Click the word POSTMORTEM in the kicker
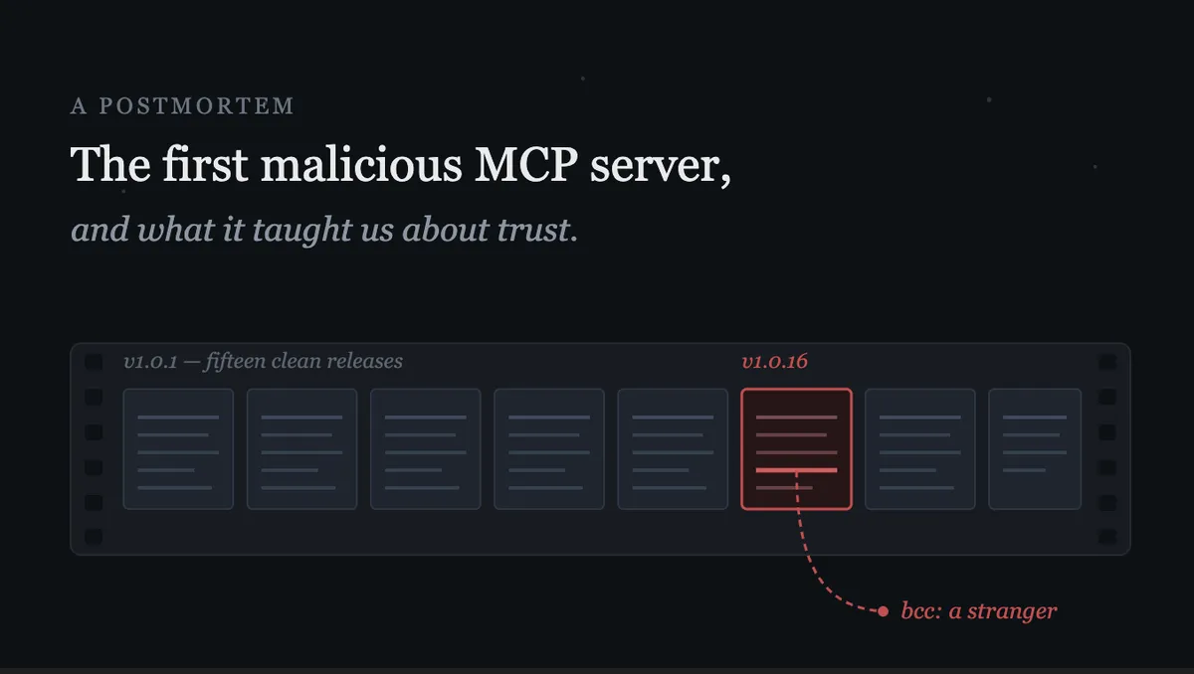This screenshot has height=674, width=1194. (x=197, y=106)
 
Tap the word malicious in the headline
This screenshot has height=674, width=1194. (x=361, y=164)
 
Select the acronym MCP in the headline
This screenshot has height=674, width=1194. (x=525, y=164)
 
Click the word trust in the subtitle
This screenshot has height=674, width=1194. (x=533, y=230)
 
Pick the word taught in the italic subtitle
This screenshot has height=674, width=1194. (x=300, y=231)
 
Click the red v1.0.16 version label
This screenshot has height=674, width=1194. (x=774, y=362)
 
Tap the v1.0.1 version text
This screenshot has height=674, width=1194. (x=150, y=362)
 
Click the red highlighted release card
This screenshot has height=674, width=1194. (x=796, y=448)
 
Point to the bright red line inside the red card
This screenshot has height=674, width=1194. (x=796, y=470)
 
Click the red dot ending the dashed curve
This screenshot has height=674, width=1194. (x=883, y=611)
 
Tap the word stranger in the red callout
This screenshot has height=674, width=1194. (x=1012, y=611)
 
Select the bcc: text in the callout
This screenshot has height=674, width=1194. (x=920, y=611)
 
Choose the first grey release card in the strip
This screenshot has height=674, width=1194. (x=178, y=448)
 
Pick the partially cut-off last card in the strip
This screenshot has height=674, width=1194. (x=1035, y=448)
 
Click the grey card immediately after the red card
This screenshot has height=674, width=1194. (x=920, y=448)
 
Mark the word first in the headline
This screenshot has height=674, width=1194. (x=205, y=164)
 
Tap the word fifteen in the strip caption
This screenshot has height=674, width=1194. (x=235, y=362)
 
